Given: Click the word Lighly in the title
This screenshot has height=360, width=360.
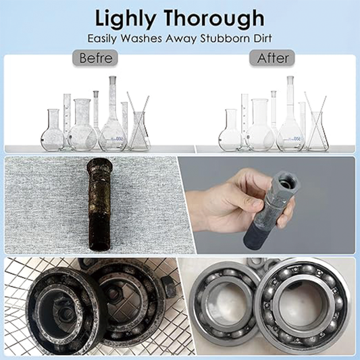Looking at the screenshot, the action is pos(126,19).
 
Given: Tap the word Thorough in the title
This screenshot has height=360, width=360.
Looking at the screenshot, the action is pos(214,19).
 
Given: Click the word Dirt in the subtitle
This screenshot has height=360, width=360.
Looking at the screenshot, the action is pos(263,38).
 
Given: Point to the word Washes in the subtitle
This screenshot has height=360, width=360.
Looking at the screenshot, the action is pos(141,38).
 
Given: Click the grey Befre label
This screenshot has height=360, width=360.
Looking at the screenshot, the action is pos(95,58).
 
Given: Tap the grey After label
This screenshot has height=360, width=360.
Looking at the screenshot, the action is pos(272,58).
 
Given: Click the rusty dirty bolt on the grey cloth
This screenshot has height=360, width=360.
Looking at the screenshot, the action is pos(100,205).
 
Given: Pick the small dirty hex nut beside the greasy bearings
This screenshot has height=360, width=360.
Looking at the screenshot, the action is pos(169,287).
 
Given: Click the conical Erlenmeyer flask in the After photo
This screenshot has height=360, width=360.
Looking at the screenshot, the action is pos(317,131).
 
